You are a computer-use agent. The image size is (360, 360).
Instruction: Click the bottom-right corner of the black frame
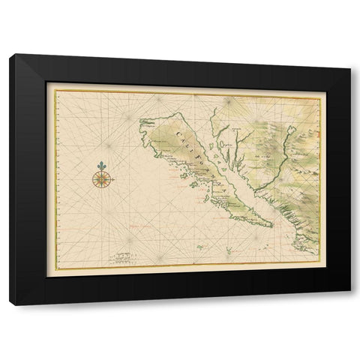pyautogui.click(x=352, y=304)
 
